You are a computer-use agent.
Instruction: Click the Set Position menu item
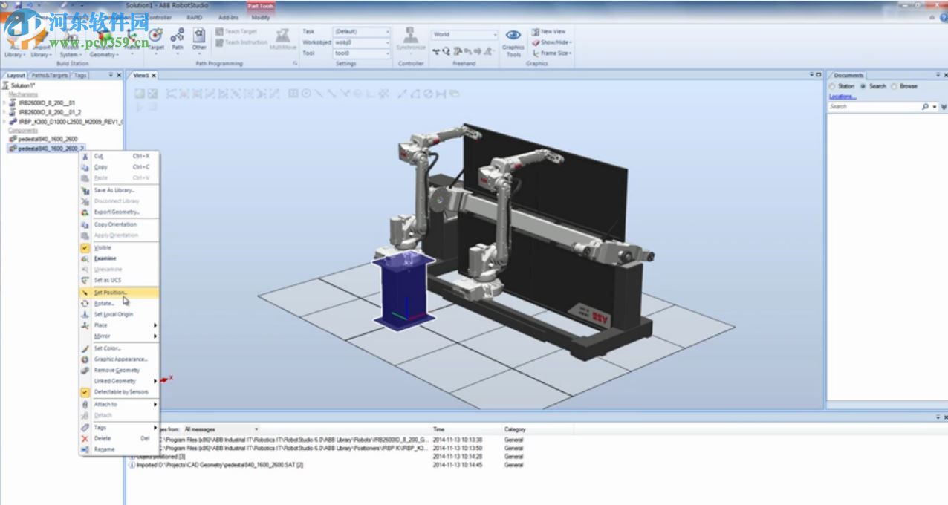pos(110,293)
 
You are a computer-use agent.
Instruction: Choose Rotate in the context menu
pos(104,303)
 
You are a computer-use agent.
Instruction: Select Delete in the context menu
pos(103,438)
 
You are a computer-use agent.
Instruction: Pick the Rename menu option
pos(104,449)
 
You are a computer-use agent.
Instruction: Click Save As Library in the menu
pos(114,190)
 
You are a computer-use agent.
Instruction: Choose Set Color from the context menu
pos(107,348)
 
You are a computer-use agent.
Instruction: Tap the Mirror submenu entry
pos(103,336)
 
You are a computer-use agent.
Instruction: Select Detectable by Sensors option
pos(120,391)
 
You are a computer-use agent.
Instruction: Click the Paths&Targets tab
pos(49,75)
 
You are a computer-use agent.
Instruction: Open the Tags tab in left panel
pos(80,75)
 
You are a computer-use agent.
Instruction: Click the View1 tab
pos(141,75)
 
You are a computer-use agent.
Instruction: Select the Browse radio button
pos(895,86)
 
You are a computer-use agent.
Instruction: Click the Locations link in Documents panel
pos(843,97)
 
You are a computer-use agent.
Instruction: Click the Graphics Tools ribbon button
pos(513,43)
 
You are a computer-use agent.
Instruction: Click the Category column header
pos(515,429)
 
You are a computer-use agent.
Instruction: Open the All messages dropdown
pos(221,429)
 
